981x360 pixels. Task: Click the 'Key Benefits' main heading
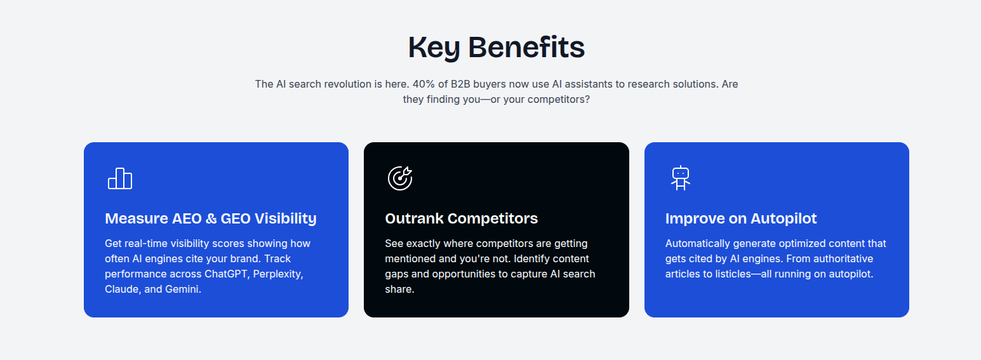[x=496, y=48]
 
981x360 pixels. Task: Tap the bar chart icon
[x=120, y=178]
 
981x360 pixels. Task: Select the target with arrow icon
[x=400, y=178]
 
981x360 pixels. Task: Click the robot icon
[x=681, y=178]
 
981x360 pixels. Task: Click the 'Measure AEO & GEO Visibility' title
[x=211, y=218]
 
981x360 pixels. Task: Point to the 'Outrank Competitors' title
[x=461, y=218]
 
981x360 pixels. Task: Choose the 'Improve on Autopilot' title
[x=741, y=218]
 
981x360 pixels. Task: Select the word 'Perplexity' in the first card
[x=278, y=274]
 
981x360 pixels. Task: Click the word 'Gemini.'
[x=183, y=289]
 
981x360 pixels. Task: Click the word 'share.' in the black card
[x=399, y=289]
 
